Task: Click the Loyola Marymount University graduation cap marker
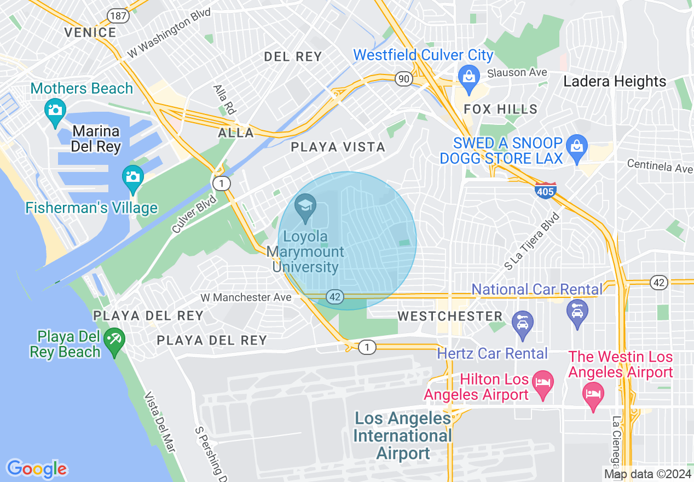[305, 207]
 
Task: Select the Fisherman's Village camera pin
[132, 177]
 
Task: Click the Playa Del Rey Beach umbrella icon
[114, 340]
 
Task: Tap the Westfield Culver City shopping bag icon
[469, 75]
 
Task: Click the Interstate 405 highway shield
[545, 191]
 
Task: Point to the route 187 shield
[118, 15]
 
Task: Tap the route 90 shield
[404, 79]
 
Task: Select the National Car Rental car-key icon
[577, 312]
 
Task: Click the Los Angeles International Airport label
[403, 436]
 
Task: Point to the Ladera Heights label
[615, 82]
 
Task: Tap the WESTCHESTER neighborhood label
[450, 317]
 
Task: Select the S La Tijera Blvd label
[532, 241]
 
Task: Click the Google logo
[37, 469]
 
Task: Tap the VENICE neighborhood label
[90, 32]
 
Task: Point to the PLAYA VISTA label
[338, 147]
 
